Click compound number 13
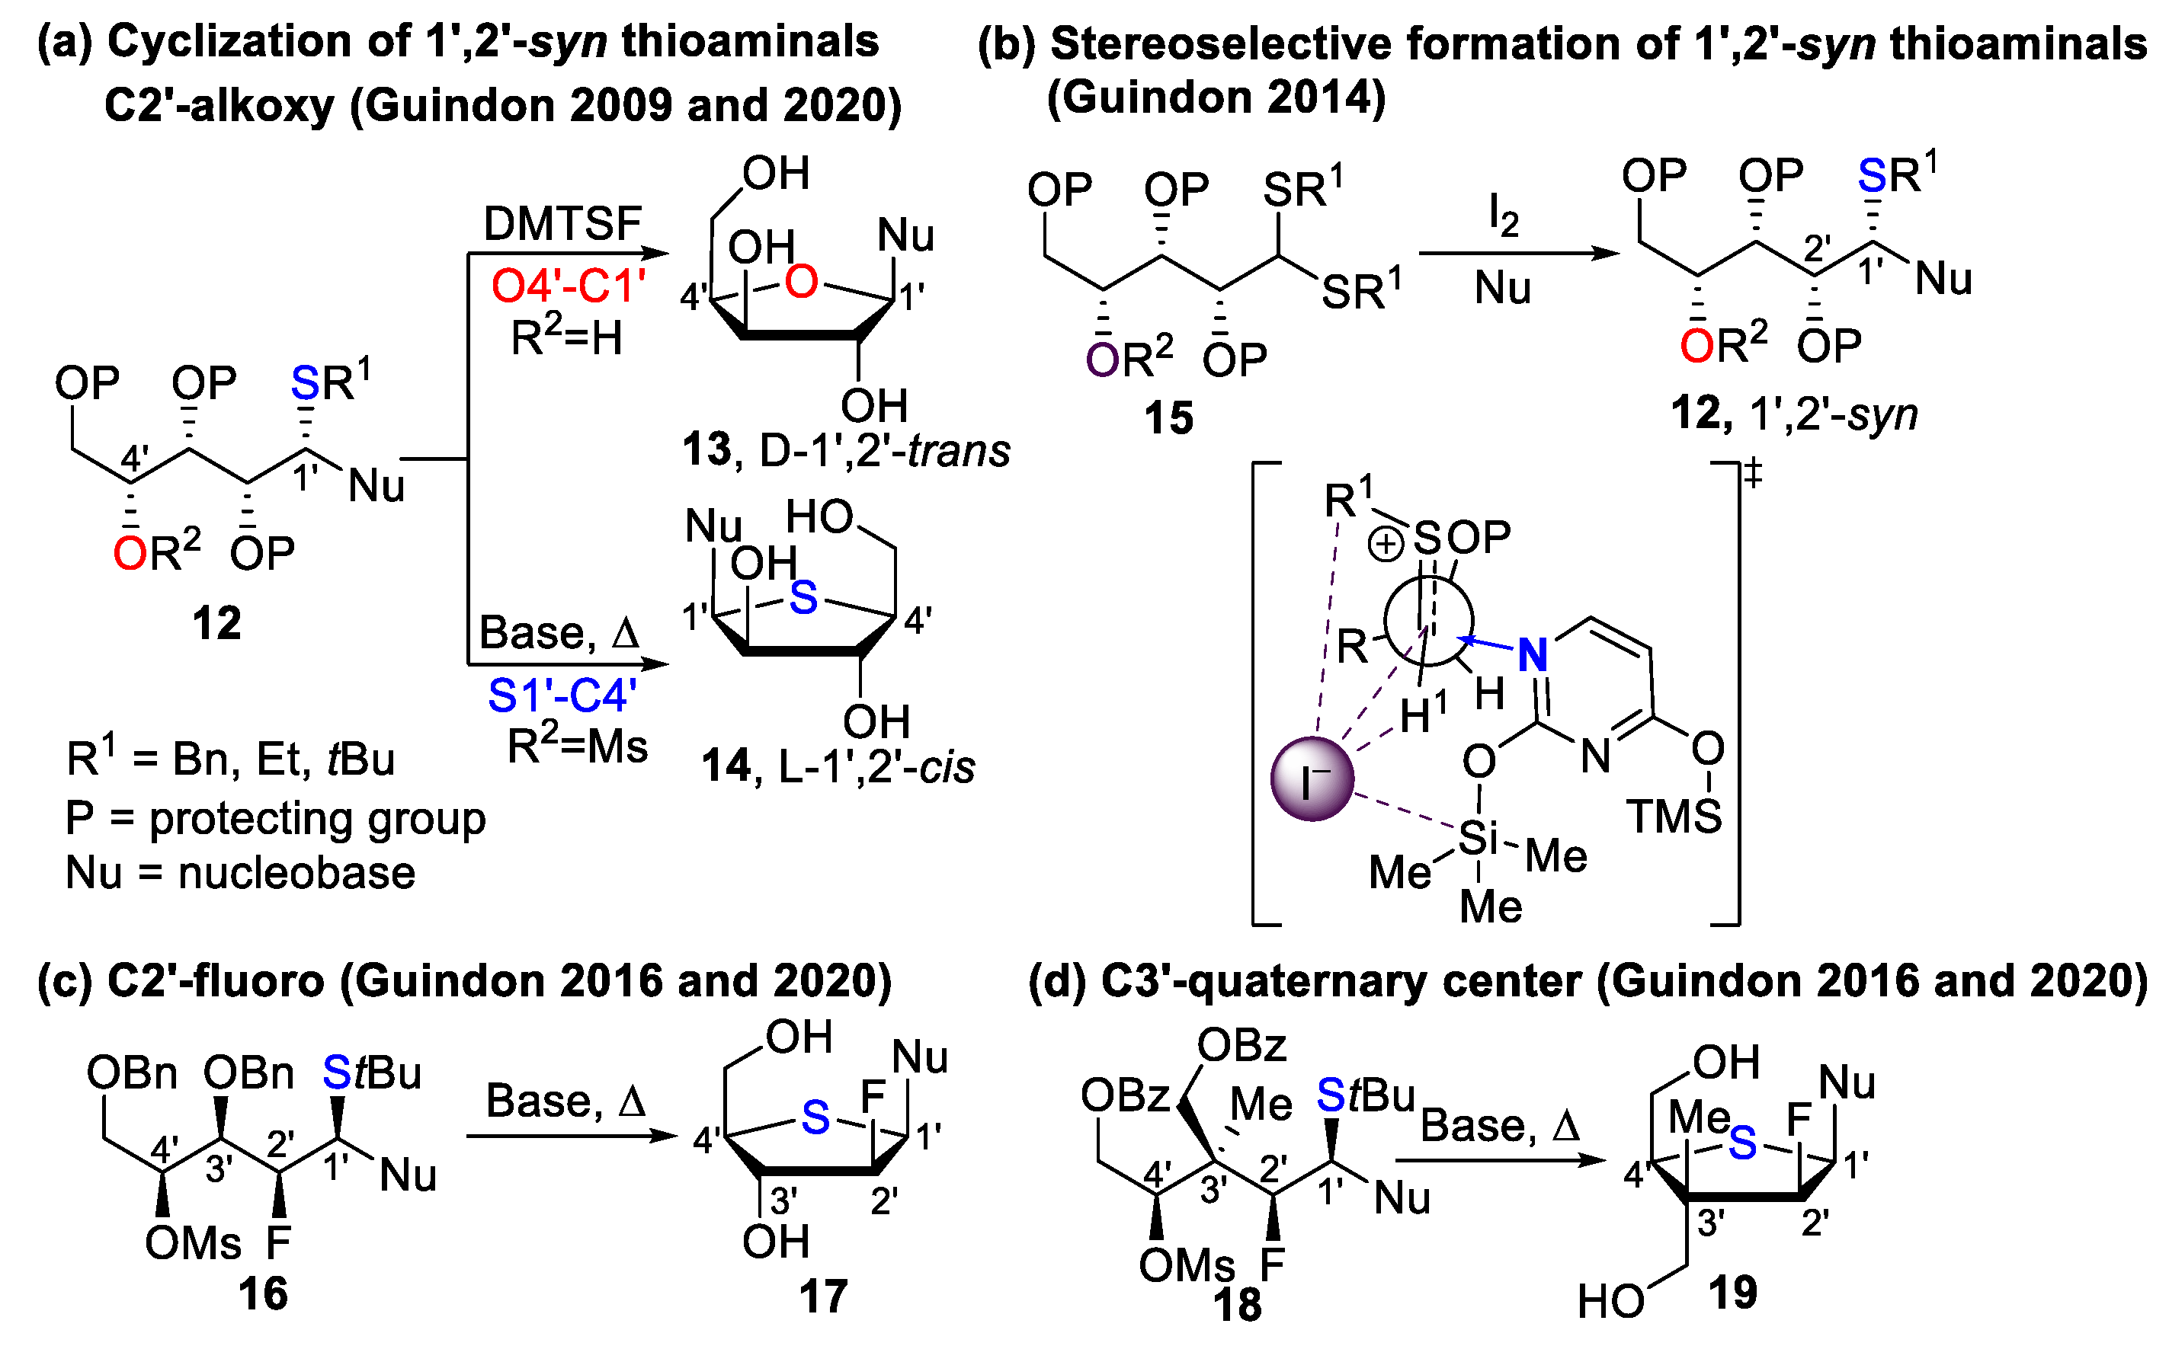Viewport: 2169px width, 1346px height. pyautogui.click(x=706, y=449)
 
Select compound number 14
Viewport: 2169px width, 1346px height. pyautogui.click(x=726, y=766)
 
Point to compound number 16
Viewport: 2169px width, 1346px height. pyautogui.click(x=263, y=1293)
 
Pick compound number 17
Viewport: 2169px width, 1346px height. pyautogui.click(x=823, y=1296)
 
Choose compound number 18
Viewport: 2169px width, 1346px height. pyautogui.click(x=1237, y=1305)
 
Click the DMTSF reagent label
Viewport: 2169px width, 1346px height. pyautogui.click(x=562, y=223)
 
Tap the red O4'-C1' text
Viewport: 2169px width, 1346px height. pyautogui.click(x=568, y=286)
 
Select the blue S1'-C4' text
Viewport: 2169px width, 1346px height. pyautogui.click(x=562, y=695)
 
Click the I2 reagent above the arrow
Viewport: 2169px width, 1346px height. pyautogui.click(x=1503, y=216)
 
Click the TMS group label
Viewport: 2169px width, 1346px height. pyautogui.click(x=1674, y=817)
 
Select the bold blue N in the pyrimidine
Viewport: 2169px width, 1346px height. pyautogui.click(x=1533, y=654)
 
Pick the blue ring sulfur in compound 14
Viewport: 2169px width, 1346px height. pyautogui.click(x=803, y=597)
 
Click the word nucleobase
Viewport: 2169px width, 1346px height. pyautogui.click(x=296, y=873)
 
